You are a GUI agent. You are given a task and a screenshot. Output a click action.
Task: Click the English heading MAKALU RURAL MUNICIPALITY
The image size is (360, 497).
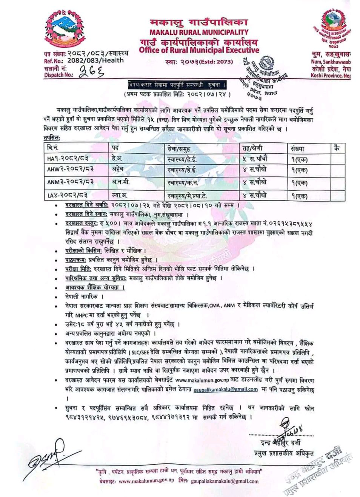click(198, 32)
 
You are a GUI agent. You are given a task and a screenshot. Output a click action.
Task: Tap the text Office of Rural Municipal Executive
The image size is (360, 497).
click(202, 50)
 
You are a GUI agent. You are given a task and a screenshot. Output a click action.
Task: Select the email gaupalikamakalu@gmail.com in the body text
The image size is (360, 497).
click(226, 389)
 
